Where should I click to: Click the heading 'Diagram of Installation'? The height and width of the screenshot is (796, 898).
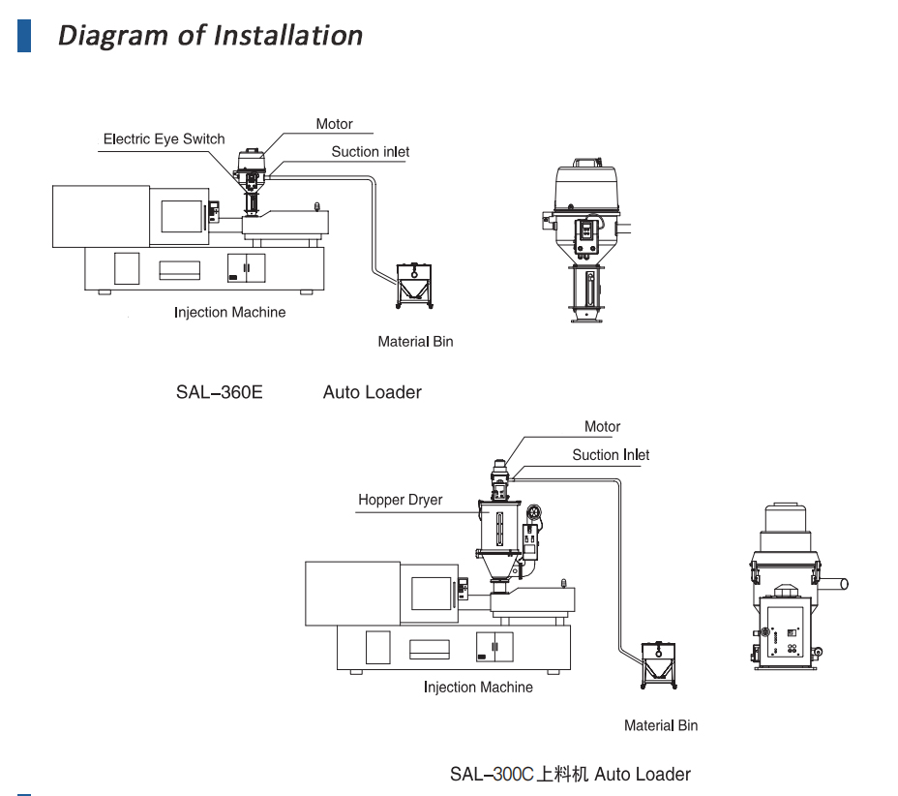pyautogui.click(x=210, y=35)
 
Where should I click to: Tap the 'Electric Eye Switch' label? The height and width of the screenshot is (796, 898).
pyautogui.click(x=164, y=139)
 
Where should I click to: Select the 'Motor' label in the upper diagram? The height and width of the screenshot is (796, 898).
pyautogui.click(x=334, y=124)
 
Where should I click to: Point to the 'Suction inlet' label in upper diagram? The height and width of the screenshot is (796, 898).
pyautogui.click(x=370, y=152)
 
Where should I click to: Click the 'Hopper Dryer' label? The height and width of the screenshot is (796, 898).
pyautogui.click(x=400, y=500)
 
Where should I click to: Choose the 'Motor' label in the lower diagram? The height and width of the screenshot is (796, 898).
pyautogui.click(x=602, y=427)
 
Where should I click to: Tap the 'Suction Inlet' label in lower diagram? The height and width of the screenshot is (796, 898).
pyautogui.click(x=611, y=455)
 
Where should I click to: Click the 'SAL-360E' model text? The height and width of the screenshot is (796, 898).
pyautogui.click(x=219, y=393)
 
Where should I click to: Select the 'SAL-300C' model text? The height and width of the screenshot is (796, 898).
pyautogui.click(x=492, y=775)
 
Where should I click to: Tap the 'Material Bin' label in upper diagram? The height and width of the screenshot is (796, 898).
pyautogui.click(x=415, y=342)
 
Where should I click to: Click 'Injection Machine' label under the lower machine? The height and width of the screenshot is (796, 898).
pyautogui.click(x=478, y=688)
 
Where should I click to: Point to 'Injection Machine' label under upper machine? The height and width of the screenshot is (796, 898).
pyautogui.click(x=229, y=313)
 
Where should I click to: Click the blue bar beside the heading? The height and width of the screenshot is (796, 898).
pyautogui.click(x=24, y=35)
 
